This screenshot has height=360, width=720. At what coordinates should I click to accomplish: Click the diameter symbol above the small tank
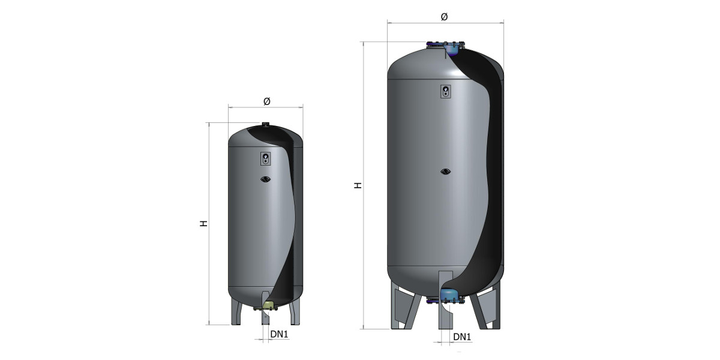pyautogui.click(x=267, y=101)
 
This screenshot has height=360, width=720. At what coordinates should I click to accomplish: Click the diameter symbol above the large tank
pyautogui.click(x=444, y=17)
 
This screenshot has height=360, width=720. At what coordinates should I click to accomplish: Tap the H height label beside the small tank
pyautogui.click(x=204, y=223)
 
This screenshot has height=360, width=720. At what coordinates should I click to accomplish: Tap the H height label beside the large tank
pyautogui.click(x=358, y=185)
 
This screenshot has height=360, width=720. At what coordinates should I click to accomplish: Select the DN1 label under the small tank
pyautogui.click(x=279, y=334)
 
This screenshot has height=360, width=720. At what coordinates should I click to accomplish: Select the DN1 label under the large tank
pyautogui.click(x=462, y=337)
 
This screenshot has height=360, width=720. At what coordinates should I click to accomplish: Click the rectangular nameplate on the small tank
pyautogui.click(x=265, y=158)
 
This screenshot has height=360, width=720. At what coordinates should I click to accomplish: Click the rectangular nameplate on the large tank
pyautogui.click(x=445, y=91)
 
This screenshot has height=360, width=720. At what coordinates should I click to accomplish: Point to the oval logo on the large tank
pyautogui.click(x=445, y=172)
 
